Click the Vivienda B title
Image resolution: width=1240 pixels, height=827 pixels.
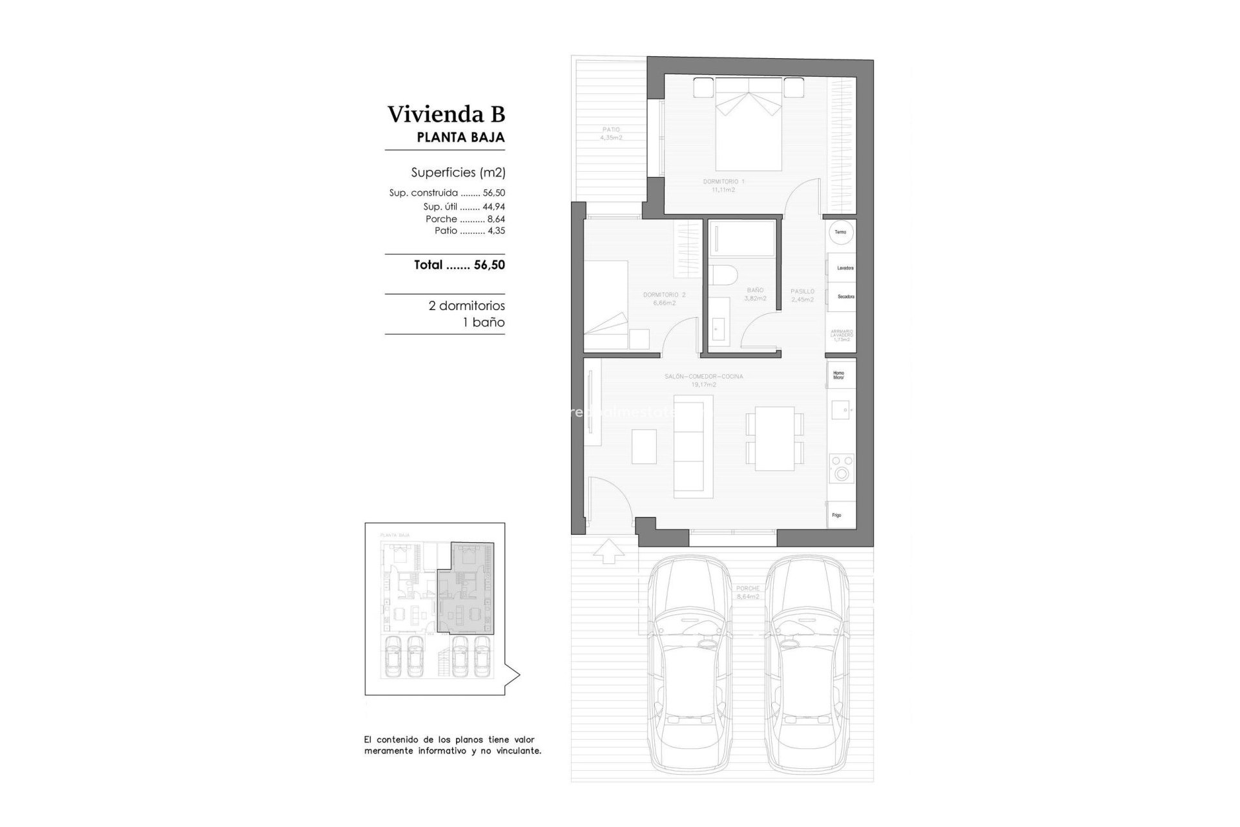446,114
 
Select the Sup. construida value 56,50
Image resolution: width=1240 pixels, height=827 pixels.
493,193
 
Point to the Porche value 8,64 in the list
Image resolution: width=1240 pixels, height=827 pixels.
496,220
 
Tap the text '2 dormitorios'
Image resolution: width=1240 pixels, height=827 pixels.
466,306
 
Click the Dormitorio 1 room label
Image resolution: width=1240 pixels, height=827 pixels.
723,185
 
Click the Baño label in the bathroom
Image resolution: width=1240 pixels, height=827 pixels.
755,294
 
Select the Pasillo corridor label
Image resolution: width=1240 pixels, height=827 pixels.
802,295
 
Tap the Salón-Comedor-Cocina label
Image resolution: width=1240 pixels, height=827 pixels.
703,380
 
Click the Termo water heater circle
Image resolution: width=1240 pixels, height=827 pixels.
840,233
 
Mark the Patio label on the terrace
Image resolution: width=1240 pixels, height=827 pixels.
610,134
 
